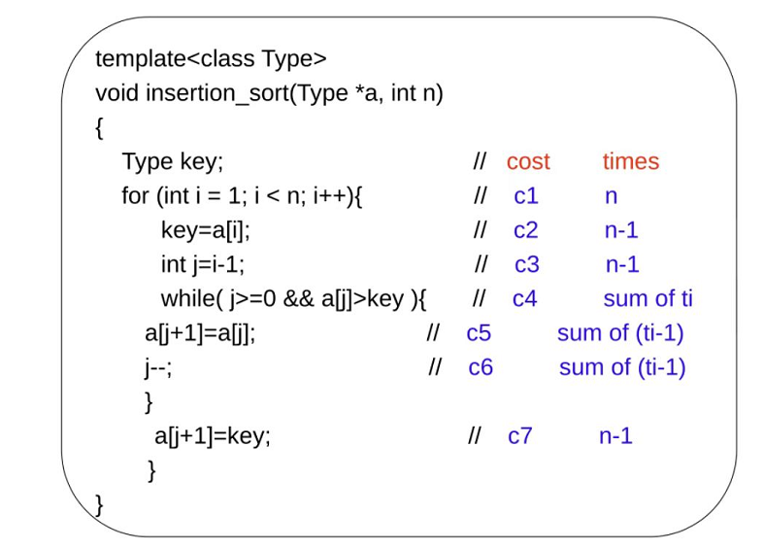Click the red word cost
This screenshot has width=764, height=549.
tap(528, 161)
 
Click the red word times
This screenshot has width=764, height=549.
tap(630, 161)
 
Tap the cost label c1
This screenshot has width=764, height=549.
tap(526, 196)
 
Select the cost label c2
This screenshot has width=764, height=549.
tap(526, 230)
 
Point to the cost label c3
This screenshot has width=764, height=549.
tap(527, 264)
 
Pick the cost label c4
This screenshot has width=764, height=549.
tap(525, 299)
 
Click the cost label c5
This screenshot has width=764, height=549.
tap(479, 333)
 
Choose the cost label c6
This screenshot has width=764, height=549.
tap(481, 367)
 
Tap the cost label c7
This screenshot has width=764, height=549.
tap(520, 435)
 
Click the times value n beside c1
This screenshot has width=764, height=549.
tap(611, 196)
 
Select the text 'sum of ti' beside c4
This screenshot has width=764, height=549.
tap(648, 299)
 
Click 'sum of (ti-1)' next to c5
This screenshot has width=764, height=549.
tap(620, 333)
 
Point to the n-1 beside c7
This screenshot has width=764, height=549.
tap(615, 435)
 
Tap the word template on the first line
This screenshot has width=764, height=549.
tap(140, 59)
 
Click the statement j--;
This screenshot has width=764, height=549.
tap(158, 367)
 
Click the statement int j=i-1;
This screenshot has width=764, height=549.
tap(203, 264)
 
